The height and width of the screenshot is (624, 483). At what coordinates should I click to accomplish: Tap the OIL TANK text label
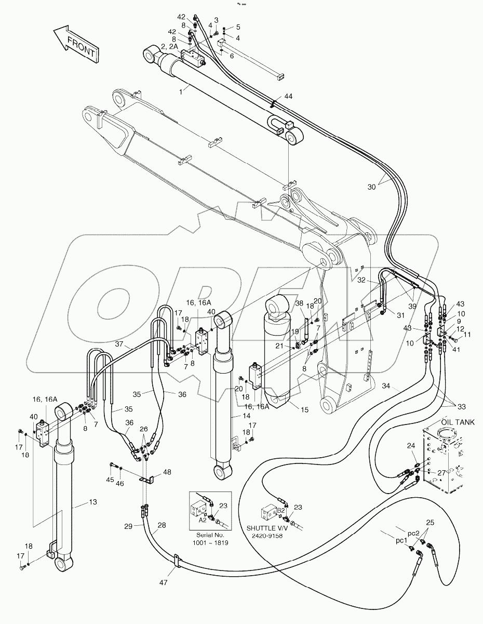458,422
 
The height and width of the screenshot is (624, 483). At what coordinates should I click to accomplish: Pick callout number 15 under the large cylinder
304,410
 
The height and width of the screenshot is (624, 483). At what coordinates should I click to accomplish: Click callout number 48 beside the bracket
167,472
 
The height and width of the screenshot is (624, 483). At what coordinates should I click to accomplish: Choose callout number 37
119,343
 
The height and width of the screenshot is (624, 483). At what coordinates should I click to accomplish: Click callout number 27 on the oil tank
441,473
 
